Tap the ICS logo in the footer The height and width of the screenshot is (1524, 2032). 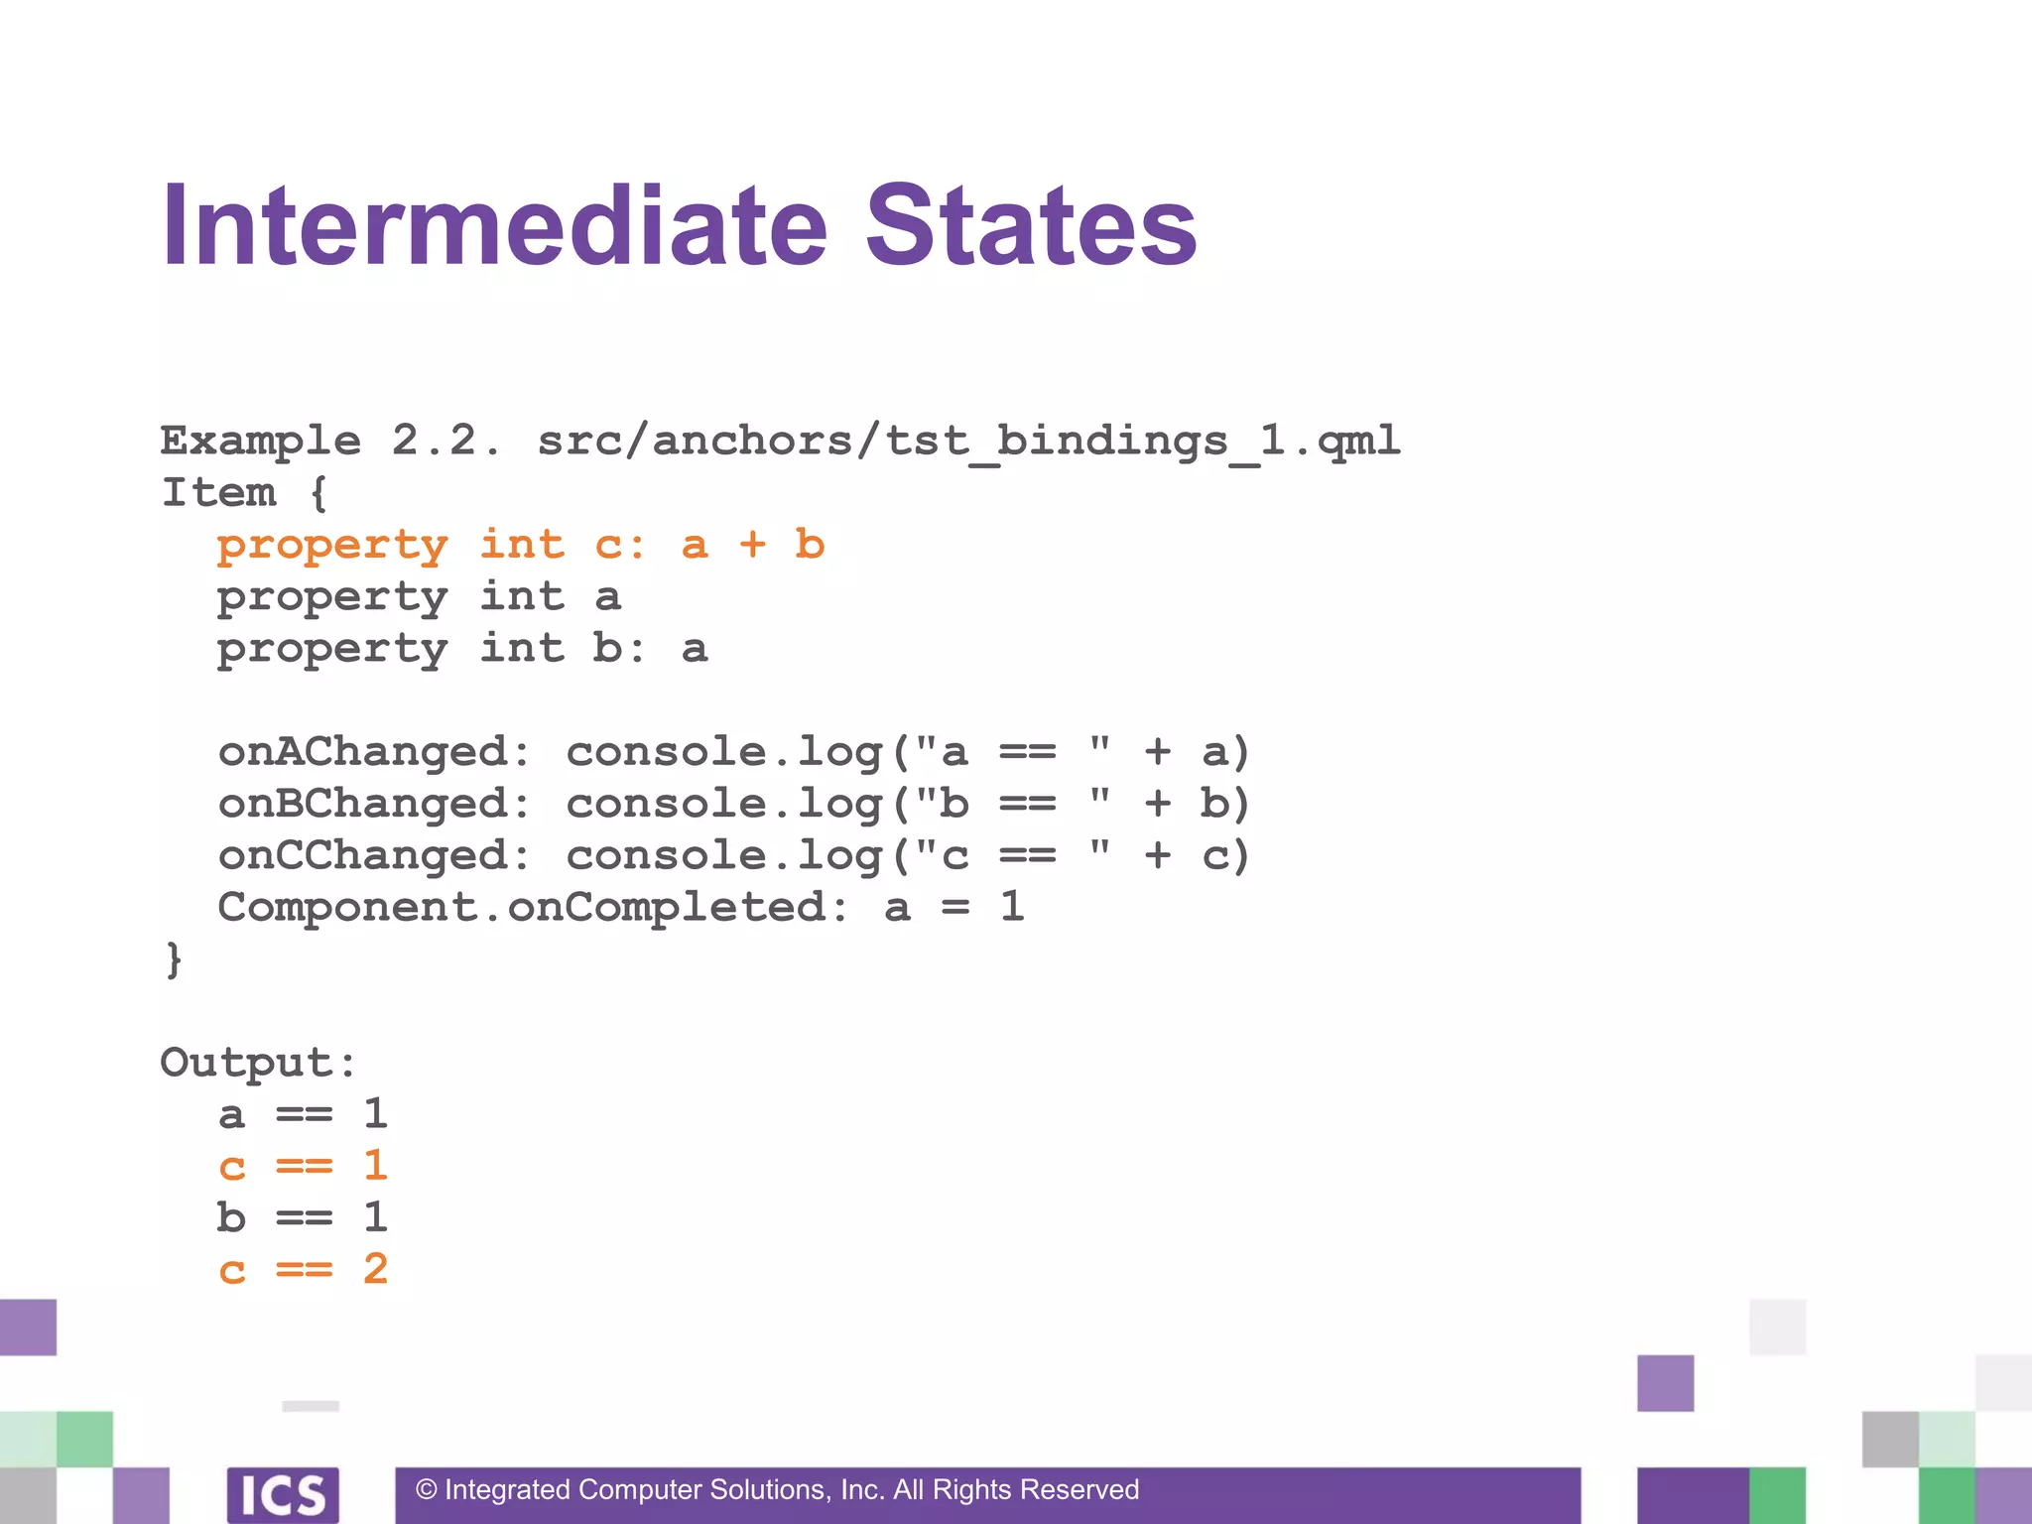click(283, 1494)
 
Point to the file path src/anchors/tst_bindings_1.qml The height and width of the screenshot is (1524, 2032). click(968, 441)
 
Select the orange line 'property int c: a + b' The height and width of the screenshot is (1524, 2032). click(521, 545)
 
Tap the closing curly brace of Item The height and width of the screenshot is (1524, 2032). click(174, 959)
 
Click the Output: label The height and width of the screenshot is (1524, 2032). click(258, 1063)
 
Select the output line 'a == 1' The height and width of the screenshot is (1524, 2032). click(303, 1114)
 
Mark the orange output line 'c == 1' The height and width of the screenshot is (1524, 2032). click(303, 1166)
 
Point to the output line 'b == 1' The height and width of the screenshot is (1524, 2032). click(303, 1217)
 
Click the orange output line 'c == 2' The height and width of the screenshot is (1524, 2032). click(303, 1269)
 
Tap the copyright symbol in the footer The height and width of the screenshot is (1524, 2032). click(427, 1490)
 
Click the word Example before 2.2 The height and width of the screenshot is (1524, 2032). click(260, 441)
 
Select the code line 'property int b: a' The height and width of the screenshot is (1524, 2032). click(462, 649)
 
